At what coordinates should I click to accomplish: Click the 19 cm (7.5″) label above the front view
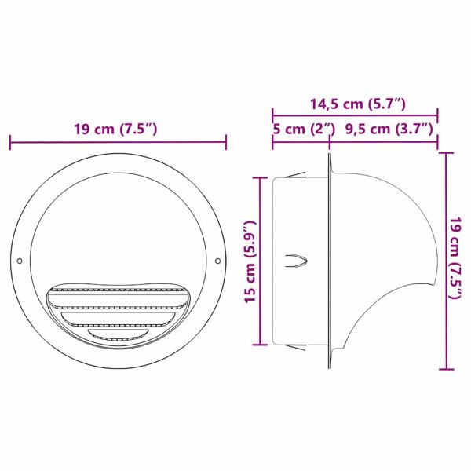click(117, 130)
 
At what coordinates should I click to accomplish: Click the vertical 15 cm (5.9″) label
click(250, 261)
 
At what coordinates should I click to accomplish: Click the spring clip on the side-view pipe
click(295, 263)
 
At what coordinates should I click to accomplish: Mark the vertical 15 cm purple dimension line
click(260, 261)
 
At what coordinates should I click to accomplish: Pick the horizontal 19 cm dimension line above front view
click(118, 142)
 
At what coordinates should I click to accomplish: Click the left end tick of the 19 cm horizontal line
click(10, 142)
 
